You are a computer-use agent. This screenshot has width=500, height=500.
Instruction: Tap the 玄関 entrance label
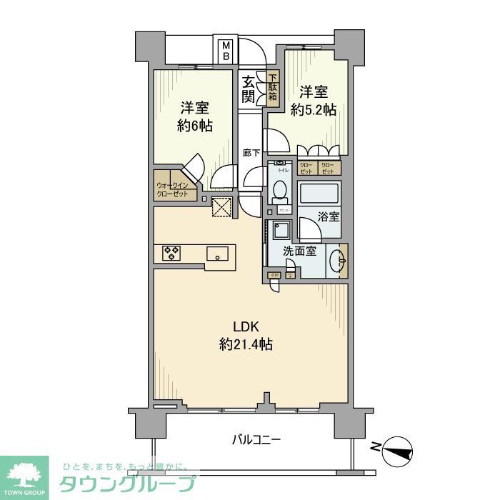249,89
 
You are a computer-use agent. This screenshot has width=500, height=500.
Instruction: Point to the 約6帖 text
194,125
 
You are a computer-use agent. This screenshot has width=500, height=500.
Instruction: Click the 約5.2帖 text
314,109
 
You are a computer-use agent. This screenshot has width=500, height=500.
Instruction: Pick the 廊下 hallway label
250,153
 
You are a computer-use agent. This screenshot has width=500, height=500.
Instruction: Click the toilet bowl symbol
280,190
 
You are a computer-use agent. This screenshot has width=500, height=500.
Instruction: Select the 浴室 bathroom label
328,216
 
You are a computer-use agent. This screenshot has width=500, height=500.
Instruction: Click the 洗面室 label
297,251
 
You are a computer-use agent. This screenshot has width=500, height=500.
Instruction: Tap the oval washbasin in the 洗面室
338,261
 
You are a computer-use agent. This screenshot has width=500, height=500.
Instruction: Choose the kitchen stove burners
171,253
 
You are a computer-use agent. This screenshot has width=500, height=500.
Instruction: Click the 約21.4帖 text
246,344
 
